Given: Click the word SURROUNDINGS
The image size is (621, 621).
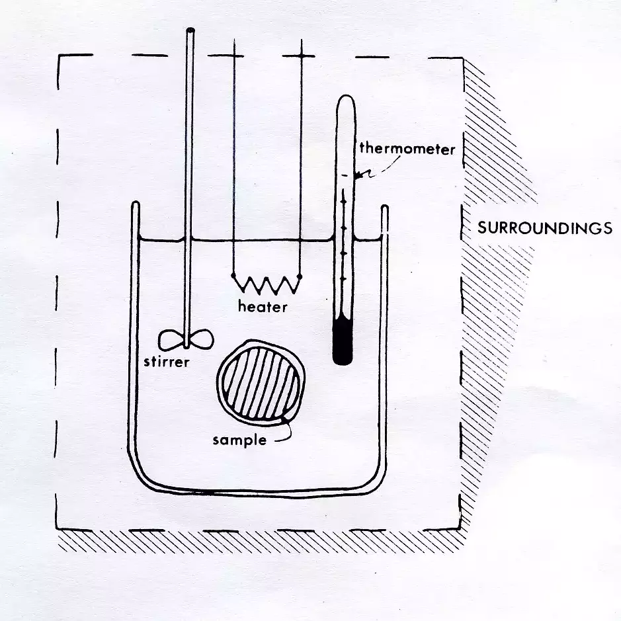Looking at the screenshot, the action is (544, 229).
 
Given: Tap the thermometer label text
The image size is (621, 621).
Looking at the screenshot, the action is (407, 149).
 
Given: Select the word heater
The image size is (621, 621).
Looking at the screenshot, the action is (263, 307).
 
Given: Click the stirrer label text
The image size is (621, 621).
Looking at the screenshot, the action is (167, 362).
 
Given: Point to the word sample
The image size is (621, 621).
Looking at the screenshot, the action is (239, 440).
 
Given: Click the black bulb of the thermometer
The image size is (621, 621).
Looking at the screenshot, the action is (343, 341).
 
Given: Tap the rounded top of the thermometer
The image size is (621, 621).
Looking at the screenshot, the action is (346, 101).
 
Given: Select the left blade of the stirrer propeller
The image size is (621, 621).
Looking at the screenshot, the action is (171, 340).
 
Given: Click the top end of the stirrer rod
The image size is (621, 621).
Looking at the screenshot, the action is (190, 30).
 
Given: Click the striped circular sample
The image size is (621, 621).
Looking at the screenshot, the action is (261, 382).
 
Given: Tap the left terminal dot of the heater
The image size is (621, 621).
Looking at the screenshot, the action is (233, 275).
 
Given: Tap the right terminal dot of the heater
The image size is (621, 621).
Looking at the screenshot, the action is (300, 276).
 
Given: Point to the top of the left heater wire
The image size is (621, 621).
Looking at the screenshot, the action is (235, 40).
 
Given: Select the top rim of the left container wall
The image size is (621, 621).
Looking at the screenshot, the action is (136, 204).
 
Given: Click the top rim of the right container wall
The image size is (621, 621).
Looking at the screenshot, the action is (384, 207).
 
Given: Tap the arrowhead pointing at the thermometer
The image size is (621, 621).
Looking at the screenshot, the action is (358, 175).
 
